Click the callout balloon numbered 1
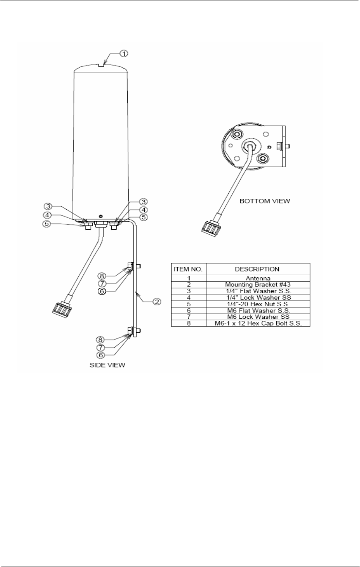pos(123,54)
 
